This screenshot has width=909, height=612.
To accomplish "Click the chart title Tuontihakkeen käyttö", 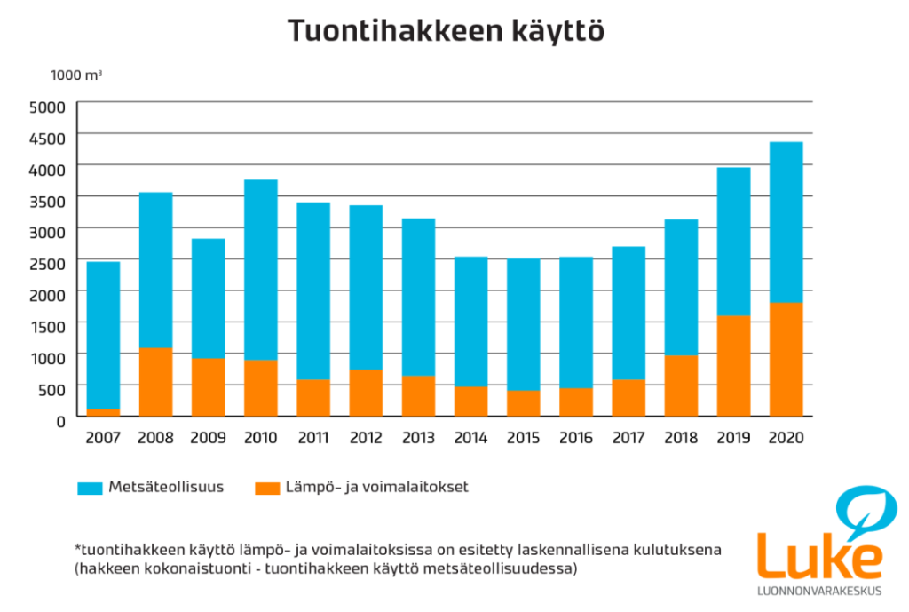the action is [446, 31].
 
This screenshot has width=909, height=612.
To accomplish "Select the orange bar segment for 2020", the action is [786, 360].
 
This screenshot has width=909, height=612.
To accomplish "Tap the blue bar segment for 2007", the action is [103, 336].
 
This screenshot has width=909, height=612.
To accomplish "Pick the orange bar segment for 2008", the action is [156, 382].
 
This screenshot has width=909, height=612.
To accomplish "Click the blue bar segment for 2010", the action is [261, 270].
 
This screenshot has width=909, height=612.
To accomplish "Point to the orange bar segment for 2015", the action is [524, 404].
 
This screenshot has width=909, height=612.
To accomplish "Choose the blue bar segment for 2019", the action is [733, 242].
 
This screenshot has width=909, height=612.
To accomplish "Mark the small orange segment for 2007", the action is [103, 413].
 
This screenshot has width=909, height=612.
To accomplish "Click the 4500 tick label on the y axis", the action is [47, 139].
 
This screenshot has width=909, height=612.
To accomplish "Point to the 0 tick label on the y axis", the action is [61, 422].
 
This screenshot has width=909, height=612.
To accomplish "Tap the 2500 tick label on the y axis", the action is [47, 264].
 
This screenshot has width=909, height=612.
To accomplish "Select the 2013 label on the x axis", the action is [419, 437].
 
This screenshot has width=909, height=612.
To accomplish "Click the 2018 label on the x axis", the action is [681, 437].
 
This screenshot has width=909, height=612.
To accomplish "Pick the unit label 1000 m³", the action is [76, 76].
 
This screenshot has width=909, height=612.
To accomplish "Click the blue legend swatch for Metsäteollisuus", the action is [90, 488].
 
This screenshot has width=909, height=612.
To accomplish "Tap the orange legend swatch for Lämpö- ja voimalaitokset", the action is [267, 488].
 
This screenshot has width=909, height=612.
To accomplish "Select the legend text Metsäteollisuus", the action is [166, 487].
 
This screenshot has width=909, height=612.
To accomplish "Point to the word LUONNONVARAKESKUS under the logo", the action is [819, 591].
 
